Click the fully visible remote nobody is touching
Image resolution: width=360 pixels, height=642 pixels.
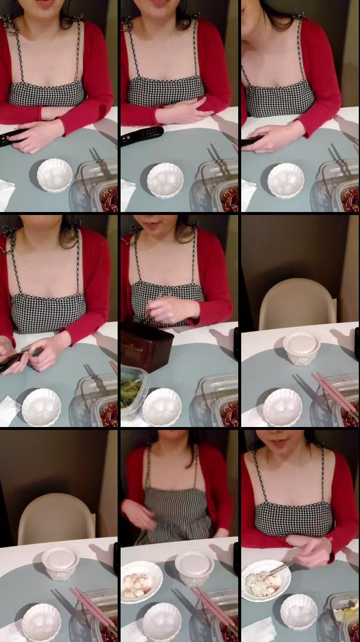point(141,136)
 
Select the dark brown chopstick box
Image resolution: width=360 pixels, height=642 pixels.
point(147,346)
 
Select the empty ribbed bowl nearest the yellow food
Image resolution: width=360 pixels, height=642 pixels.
point(299,612)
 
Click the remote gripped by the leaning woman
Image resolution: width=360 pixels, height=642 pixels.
point(251,141)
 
